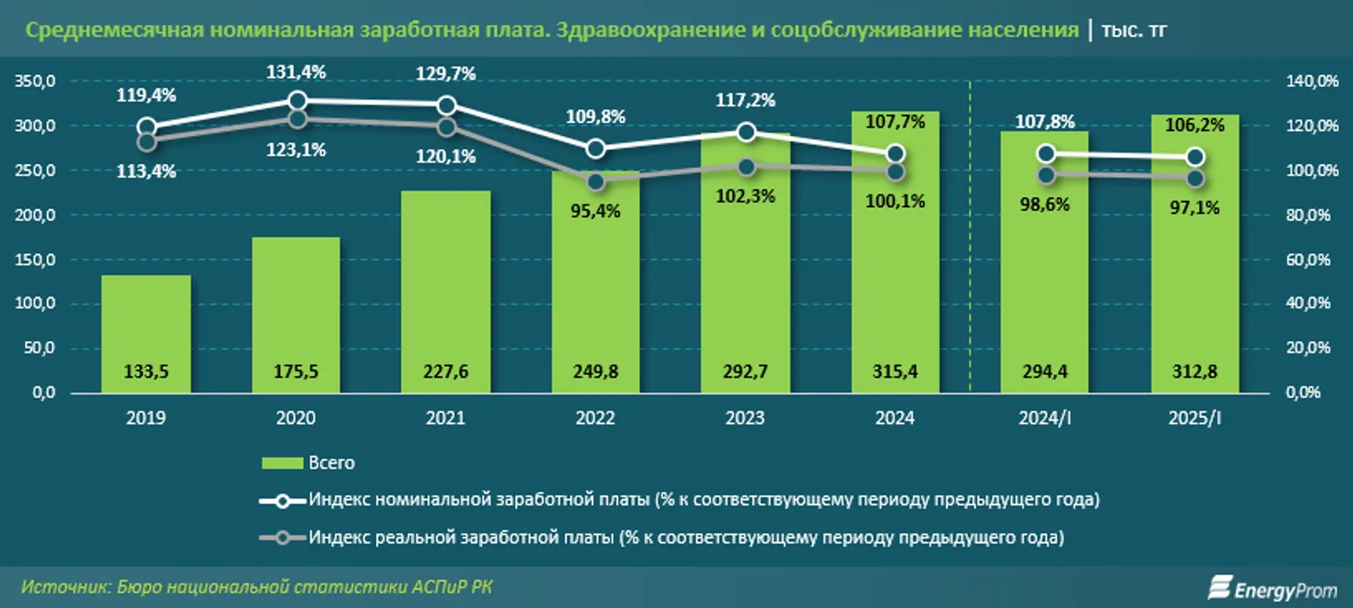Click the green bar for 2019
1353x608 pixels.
[146, 334]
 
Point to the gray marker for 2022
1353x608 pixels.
[596, 182]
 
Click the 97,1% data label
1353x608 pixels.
[1194, 207]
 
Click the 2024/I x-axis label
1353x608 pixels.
[1044, 418]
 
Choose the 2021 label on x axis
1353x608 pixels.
[446, 418]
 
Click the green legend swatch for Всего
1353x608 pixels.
[281, 463]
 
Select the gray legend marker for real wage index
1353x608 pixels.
[282, 538]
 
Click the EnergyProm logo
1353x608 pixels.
[1272, 587]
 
